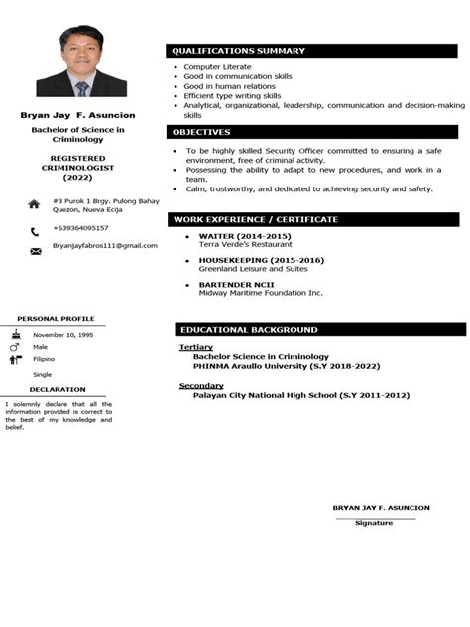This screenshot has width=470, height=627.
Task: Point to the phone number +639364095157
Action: tap(80, 228)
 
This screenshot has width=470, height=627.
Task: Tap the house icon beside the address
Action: tap(34, 203)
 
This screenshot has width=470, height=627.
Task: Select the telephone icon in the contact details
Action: tap(34, 230)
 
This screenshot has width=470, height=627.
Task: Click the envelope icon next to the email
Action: tap(35, 251)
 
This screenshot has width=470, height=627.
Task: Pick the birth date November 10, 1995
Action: tap(64, 335)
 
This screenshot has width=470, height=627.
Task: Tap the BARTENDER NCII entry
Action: tap(231, 285)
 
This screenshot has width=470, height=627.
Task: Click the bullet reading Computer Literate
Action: tap(217, 67)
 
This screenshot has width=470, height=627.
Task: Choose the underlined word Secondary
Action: tap(200, 385)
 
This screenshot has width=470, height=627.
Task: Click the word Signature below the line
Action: tap(374, 523)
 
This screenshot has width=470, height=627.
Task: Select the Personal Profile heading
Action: tap(56, 319)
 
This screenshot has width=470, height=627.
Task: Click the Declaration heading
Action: tap(57, 390)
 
